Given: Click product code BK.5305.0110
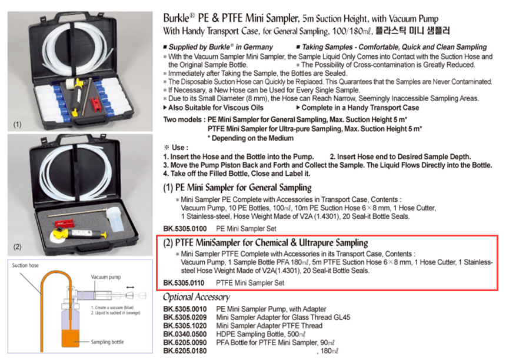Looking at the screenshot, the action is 184,283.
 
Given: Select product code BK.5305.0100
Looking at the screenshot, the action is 185,229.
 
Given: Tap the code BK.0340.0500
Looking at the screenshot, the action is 185,334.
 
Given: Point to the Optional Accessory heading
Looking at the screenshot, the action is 197,297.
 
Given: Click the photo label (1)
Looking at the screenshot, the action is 18,125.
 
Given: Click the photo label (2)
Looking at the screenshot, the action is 18,247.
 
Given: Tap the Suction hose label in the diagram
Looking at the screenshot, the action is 25,265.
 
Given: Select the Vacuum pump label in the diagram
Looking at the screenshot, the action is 106,277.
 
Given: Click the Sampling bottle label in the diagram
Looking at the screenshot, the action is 107,342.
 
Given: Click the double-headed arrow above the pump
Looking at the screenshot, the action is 130,287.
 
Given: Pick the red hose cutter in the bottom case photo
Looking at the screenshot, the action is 64,223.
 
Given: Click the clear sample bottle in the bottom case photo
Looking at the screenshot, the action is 114,219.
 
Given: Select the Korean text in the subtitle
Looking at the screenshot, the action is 412,31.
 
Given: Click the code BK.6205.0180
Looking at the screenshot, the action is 185,351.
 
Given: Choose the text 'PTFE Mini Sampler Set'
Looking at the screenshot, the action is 250,283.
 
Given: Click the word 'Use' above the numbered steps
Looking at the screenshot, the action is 178,148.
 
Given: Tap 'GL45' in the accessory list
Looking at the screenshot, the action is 342,318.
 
